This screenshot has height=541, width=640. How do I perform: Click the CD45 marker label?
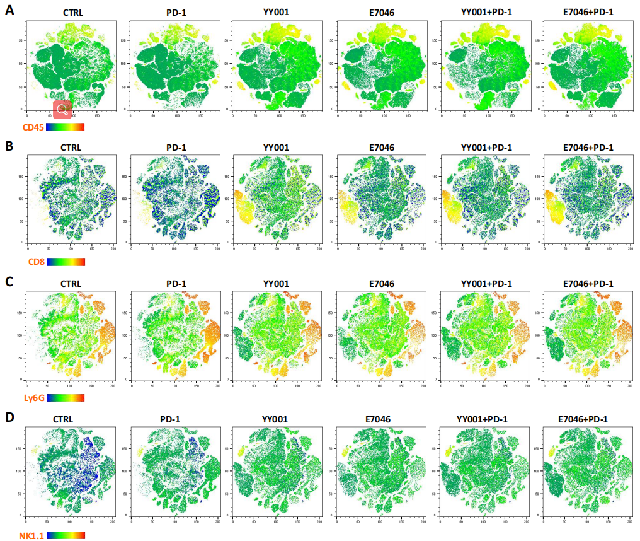[x=15, y=127]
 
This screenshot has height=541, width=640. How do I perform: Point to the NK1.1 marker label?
[x=16, y=535]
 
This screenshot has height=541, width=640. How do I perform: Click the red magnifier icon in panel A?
[x=62, y=110]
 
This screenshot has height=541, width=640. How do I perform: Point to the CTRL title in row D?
[x=63, y=419]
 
